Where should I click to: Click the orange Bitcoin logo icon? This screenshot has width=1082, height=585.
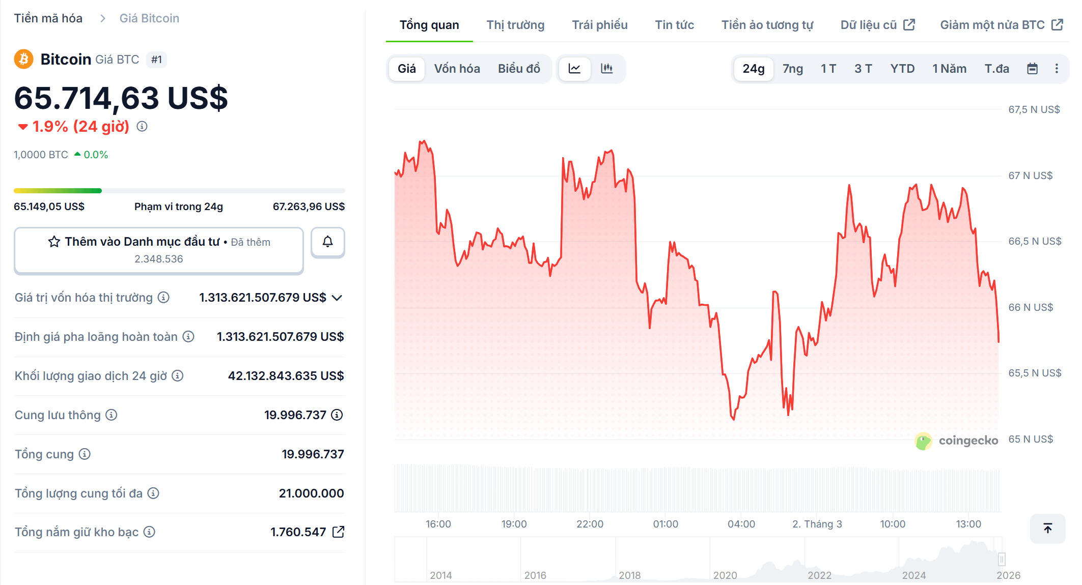(x=23, y=60)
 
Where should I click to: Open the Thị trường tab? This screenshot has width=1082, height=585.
(x=515, y=25)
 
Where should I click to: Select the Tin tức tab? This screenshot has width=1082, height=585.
(x=674, y=25)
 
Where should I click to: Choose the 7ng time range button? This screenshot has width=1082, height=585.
(x=792, y=69)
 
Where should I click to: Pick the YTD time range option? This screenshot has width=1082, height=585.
(x=902, y=69)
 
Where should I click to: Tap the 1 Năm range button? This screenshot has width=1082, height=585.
(x=949, y=69)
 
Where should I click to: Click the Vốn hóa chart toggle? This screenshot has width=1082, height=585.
(x=457, y=69)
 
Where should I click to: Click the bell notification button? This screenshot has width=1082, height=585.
(x=327, y=242)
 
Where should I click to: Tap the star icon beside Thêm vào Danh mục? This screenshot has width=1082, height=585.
(x=54, y=242)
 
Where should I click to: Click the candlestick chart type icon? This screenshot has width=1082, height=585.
(x=606, y=69)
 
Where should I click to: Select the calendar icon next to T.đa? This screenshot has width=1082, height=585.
(x=1032, y=69)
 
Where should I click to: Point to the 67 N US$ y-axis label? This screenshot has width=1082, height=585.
(x=1030, y=175)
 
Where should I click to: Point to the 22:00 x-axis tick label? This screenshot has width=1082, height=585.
(x=589, y=524)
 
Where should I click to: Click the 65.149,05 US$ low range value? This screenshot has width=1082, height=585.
(x=49, y=207)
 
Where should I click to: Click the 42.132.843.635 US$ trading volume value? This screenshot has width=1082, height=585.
(x=286, y=376)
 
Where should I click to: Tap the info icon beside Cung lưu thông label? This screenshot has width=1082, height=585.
(x=111, y=415)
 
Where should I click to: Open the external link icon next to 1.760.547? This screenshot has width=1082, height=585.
(x=338, y=532)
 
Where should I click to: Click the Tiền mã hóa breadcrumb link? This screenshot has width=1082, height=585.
(x=48, y=18)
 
